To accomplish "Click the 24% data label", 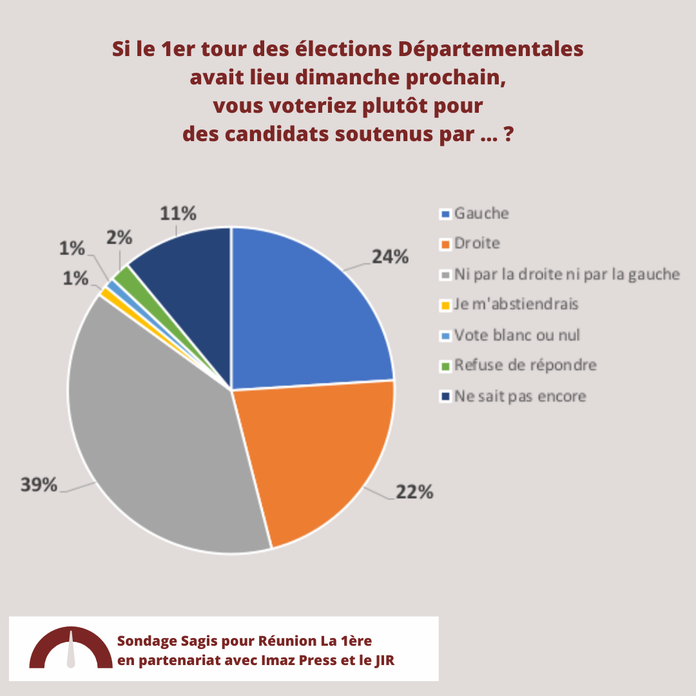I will point(390,256).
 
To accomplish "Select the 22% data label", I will point(414,492).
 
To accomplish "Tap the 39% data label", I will point(39,485).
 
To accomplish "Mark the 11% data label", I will point(178,214).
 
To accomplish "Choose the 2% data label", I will point(119,238).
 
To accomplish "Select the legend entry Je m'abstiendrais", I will point(516,304).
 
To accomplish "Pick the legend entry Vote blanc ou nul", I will point(517,334).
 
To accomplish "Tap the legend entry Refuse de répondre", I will point(525,365).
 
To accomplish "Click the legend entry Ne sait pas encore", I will point(520,396).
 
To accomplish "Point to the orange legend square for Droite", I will point(445,245).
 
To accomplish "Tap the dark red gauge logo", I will point(71,649).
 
